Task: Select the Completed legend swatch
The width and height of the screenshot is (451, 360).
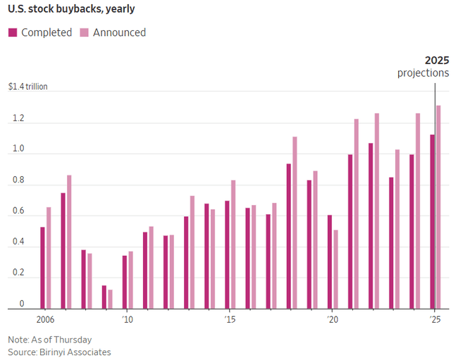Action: [13, 32]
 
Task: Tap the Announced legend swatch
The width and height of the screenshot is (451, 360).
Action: [84, 32]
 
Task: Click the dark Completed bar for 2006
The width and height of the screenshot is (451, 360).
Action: [42, 268]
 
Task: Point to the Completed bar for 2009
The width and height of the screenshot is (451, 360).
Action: [104, 297]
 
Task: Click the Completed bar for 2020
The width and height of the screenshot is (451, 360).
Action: [329, 261]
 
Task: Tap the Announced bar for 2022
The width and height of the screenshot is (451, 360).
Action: [376, 211]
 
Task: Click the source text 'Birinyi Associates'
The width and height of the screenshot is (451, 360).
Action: [75, 352]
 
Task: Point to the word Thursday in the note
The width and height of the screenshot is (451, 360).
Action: [78, 339]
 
